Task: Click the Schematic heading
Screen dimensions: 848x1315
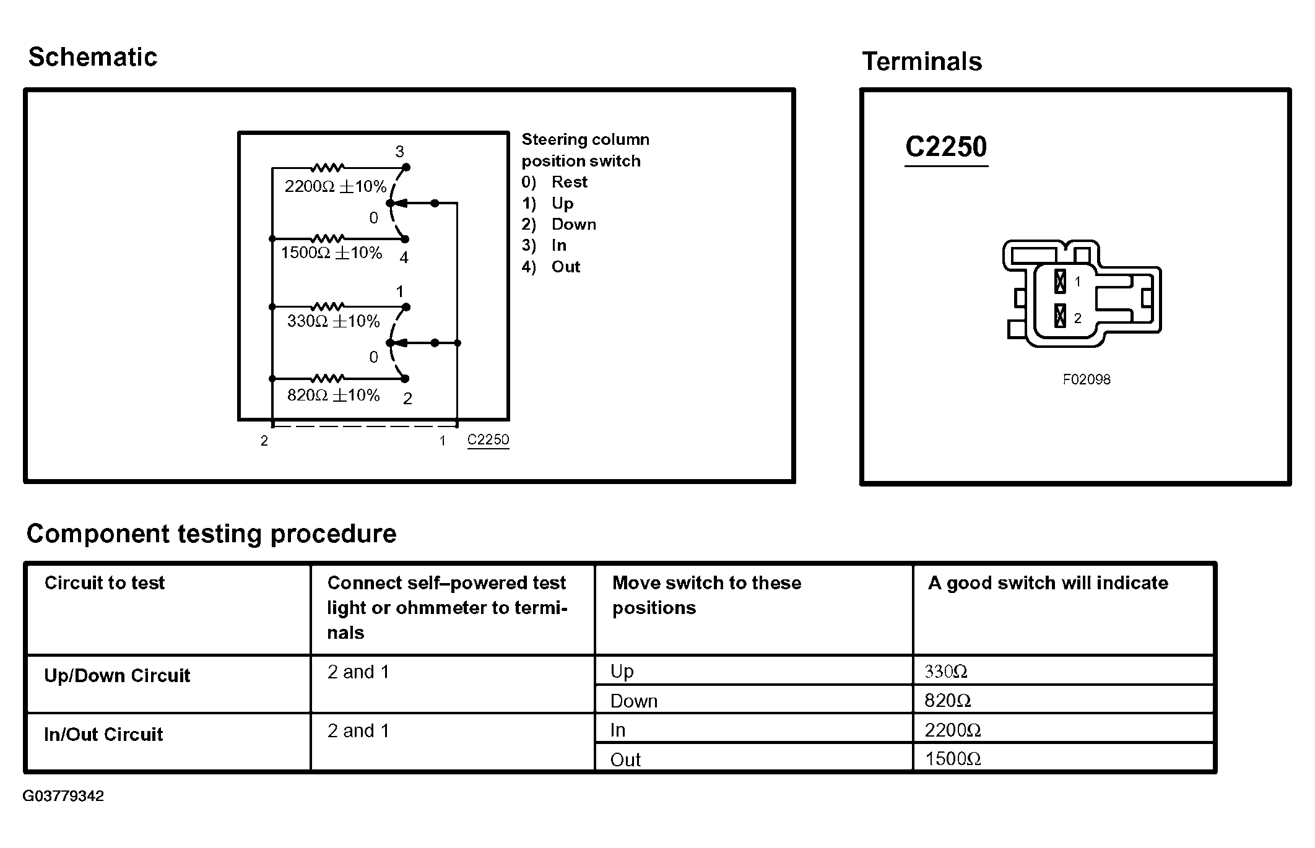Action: (x=93, y=57)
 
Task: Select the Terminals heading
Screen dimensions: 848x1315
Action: (x=921, y=61)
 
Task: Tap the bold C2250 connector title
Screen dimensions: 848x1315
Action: (x=945, y=147)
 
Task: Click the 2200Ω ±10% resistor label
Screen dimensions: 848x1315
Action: (x=335, y=186)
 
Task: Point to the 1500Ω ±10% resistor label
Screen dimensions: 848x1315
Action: (x=331, y=253)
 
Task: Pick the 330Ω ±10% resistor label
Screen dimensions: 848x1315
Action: (x=333, y=321)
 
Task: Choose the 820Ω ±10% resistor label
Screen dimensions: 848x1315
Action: (x=333, y=395)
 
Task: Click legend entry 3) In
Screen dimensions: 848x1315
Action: (x=544, y=245)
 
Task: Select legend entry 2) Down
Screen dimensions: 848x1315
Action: (x=558, y=224)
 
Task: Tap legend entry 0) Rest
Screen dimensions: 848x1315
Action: (x=554, y=182)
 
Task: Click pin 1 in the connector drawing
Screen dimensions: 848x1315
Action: (x=1060, y=282)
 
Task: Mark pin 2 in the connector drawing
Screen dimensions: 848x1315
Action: (x=1060, y=317)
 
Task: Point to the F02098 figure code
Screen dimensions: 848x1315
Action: (x=1087, y=379)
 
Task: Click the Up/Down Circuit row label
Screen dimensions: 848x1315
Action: (x=117, y=675)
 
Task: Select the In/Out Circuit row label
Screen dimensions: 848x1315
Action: (x=103, y=734)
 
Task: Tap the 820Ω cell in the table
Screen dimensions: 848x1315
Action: (x=947, y=700)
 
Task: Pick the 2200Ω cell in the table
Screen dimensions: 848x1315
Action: (x=952, y=730)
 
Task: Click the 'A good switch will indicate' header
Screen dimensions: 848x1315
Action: (x=1048, y=582)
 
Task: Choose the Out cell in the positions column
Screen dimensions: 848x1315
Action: (x=625, y=759)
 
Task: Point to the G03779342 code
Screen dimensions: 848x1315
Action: (x=63, y=796)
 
